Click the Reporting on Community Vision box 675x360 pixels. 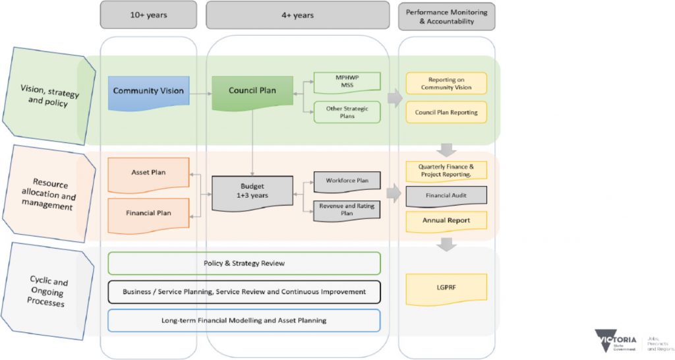(x=446, y=83)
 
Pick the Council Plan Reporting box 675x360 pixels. (x=446, y=112)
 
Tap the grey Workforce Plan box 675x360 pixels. (x=347, y=180)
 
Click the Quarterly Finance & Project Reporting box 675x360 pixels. (x=446, y=171)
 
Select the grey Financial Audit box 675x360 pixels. (x=446, y=196)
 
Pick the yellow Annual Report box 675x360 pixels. (x=446, y=221)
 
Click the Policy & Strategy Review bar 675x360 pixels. (x=244, y=263)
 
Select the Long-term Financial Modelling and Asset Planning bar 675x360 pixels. (x=244, y=320)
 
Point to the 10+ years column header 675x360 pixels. (x=148, y=15)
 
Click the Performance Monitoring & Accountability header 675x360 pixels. (x=446, y=15)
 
